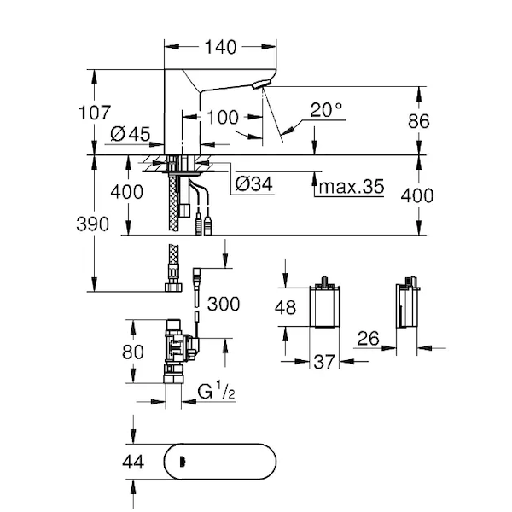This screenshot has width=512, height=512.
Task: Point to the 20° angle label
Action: pyautogui.click(x=326, y=109)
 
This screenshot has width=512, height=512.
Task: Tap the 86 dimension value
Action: pyautogui.click(x=417, y=121)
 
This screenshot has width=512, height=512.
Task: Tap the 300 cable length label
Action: pyautogui.click(x=224, y=303)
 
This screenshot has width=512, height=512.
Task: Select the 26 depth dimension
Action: pyautogui.click(x=368, y=340)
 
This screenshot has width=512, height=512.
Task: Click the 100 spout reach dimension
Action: pyautogui.click(x=222, y=118)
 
